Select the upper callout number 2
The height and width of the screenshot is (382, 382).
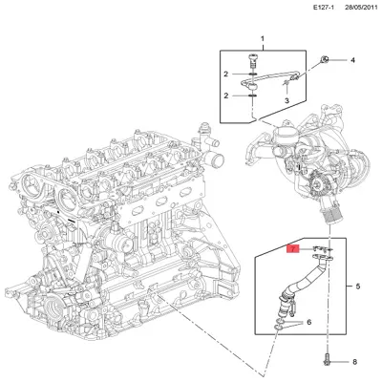(x=226, y=74)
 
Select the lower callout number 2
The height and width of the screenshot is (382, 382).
(x=226, y=95)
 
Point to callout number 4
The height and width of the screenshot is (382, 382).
(x=352, y=60)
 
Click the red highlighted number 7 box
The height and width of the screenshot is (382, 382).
(x=294, y=249)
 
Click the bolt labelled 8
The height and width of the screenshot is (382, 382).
(x=328, y=362)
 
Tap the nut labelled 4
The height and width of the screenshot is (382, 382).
(x=327, y=60)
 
